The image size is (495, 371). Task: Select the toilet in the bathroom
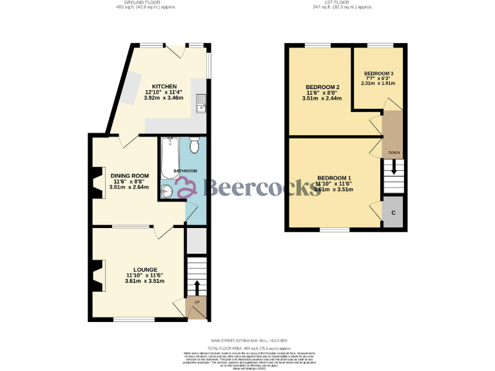[195, 146]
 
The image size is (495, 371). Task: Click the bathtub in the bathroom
[170, 157]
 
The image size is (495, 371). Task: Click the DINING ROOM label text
[130, 176]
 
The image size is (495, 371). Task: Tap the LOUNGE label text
[145, 269]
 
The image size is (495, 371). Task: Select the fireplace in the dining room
[97, 181]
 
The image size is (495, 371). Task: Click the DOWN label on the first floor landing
[393, 153]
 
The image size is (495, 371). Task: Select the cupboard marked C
[393, 213]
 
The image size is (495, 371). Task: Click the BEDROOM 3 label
[378, 73]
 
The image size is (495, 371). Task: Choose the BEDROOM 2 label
[322, 87]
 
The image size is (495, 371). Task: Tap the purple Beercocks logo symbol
[186, 187]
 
